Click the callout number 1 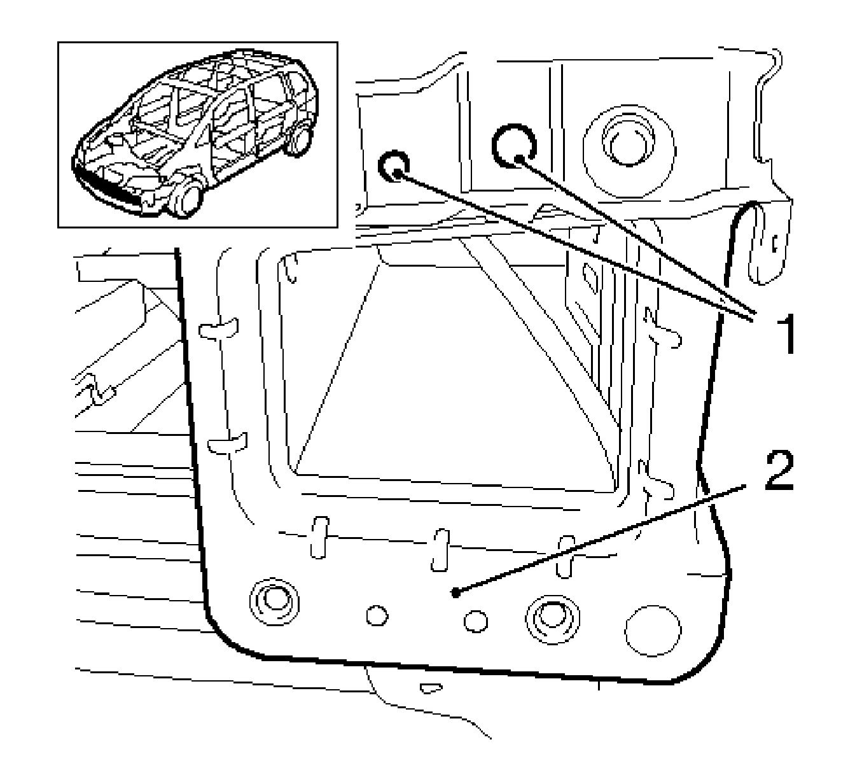pos(787,334)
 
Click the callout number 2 pos(779,470)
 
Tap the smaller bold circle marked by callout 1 pos(393,166)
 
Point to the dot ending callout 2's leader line pos(455,593)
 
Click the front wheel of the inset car pos(186,199)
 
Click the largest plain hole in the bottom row pos(653,631)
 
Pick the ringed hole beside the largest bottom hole pos(553,619)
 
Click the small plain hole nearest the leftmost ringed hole pos(377,615)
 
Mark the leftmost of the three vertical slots pos(319,538)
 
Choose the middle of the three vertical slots pos(440,550)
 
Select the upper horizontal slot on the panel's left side pos(218,329)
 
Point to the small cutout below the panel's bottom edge pos(431,689)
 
